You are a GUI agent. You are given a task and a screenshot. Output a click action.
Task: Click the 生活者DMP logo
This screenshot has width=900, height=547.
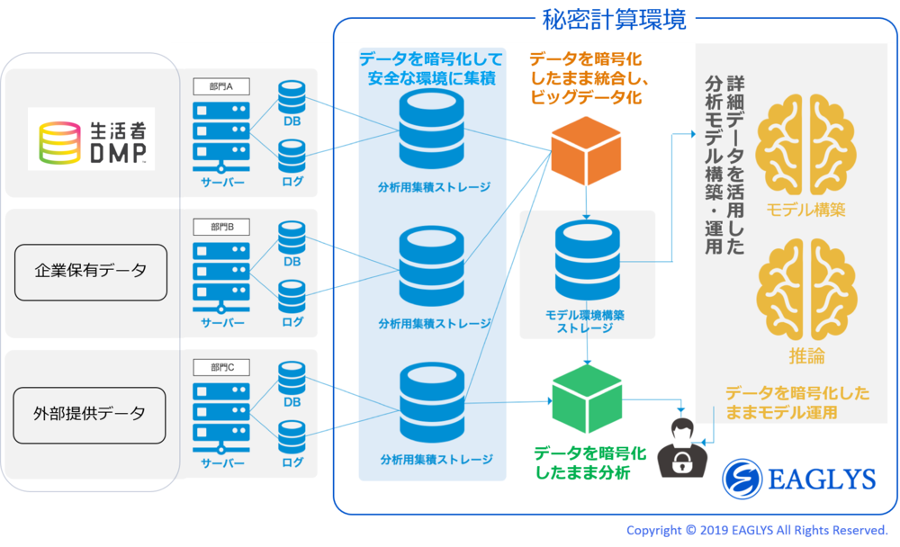[91, 139]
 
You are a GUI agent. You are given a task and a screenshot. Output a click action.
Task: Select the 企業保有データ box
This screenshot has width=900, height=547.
[91, 273]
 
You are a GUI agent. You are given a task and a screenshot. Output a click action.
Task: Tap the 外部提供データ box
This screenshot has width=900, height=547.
[89, 415]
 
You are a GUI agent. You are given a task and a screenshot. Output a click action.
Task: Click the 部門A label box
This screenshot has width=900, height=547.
[221, 86]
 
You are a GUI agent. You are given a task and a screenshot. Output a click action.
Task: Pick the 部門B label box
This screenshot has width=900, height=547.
[221, 227]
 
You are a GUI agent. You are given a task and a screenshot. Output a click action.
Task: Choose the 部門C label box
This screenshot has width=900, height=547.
[221, 367]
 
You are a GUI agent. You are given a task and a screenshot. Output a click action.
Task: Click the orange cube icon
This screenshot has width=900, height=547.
[586, 151]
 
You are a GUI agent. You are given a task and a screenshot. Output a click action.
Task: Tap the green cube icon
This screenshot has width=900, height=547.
[587, 399]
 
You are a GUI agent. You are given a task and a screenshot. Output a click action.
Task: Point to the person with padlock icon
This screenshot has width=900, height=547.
[682, 448]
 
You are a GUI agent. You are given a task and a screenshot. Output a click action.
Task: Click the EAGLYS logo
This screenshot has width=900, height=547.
[799, 479]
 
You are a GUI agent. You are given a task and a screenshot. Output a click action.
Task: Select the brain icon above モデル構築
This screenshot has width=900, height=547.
[805, 145]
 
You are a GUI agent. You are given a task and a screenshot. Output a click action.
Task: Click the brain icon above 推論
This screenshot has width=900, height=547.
[806, 290]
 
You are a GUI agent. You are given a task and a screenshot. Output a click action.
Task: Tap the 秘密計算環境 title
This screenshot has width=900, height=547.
[614, 20]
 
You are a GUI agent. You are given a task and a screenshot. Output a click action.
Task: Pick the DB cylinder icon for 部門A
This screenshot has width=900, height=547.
[292, 97]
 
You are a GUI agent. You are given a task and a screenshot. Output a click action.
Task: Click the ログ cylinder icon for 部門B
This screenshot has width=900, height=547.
[292, 297]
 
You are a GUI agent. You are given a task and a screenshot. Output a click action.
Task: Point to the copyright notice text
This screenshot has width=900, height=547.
[757, 530]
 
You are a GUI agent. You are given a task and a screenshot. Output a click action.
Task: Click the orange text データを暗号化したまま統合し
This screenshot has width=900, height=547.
[589, 68]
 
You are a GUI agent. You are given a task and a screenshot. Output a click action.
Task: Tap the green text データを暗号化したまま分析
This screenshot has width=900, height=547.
[590, 463]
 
